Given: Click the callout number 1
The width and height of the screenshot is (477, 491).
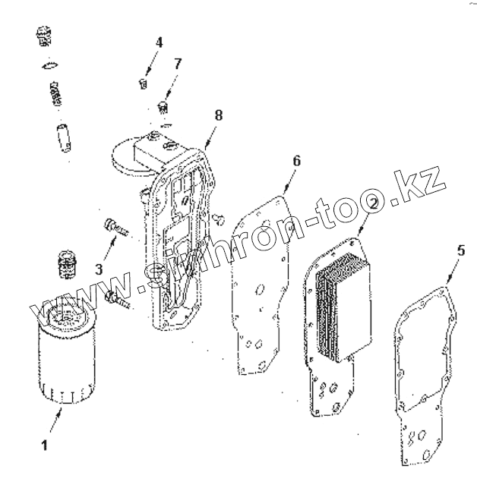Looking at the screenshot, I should (x=44, y=445).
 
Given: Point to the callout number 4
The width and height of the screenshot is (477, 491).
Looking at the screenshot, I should (x=159, y=42).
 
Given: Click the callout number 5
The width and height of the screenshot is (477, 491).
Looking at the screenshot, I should (x=461, y=250).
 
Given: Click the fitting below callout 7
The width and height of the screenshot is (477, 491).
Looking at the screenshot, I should (x=163, y=105).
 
